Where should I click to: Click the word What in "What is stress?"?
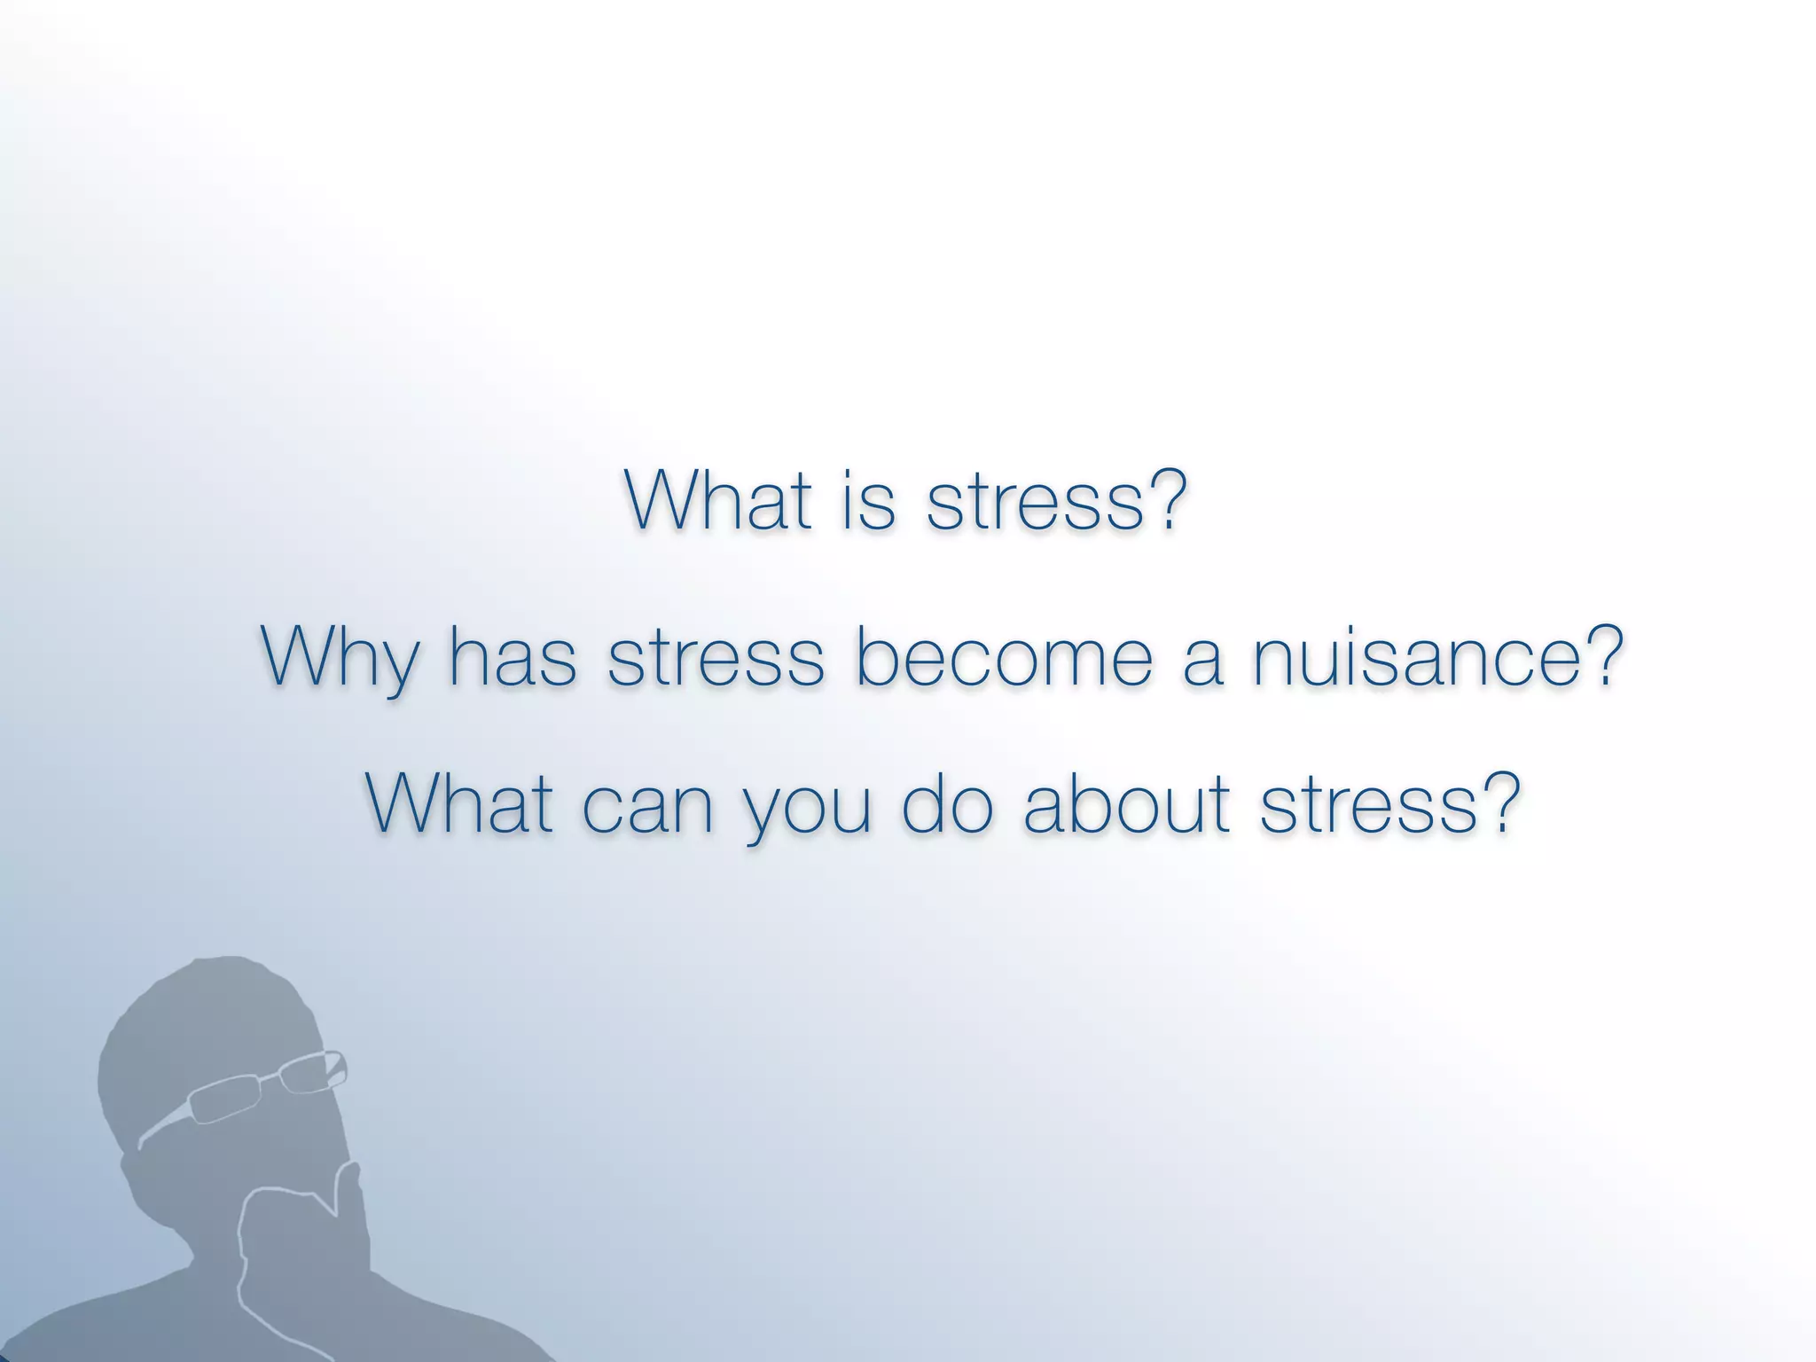pyautogui.click(x=717, y=500)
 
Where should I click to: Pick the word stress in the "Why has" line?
pyautogui.click(x=716, y=658)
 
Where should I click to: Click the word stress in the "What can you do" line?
pyautogui.click(x=1370, y=805)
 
